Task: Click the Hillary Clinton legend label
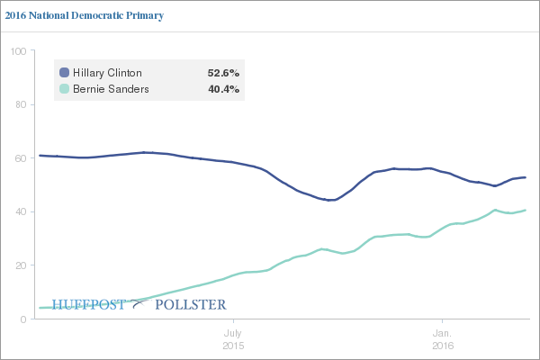(x=108, y=72)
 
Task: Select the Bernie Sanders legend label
(x=110, y=89)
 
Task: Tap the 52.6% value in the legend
(x=223, y=72)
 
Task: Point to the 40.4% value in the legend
(x=223, y=89)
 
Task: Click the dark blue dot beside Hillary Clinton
(x=64, y=72)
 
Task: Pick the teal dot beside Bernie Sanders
(x=64, y=89)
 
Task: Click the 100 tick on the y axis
(x=15, y=51)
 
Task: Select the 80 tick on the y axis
(x=18, y=104)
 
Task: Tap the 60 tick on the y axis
(x=18, y=158)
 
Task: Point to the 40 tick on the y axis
(x=18, y=211)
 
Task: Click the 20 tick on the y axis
(x=18, y=265)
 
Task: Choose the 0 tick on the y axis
(x=21, y=319)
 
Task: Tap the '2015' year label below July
(x=233, y=345)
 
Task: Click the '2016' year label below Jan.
(x=442, y=345)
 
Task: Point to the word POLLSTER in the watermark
(x=190, y=304)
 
